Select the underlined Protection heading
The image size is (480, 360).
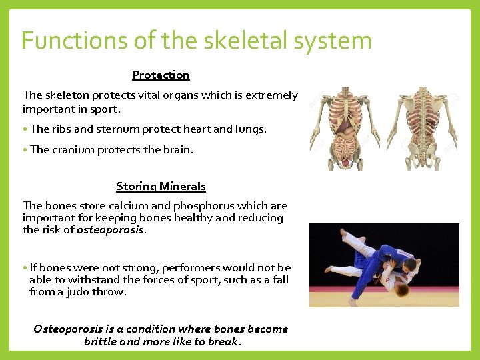click(161, 75)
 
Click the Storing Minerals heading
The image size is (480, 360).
click(161, 187)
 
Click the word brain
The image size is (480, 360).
click(177, 150)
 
